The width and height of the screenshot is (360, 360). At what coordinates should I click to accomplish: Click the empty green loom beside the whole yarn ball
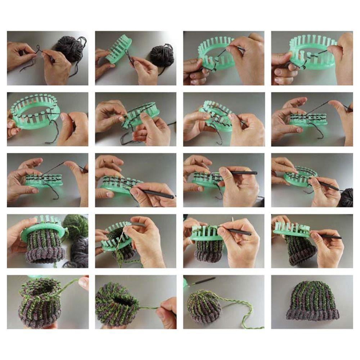point(118,49)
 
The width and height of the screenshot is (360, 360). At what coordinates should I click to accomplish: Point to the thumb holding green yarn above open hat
point(83,283)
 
